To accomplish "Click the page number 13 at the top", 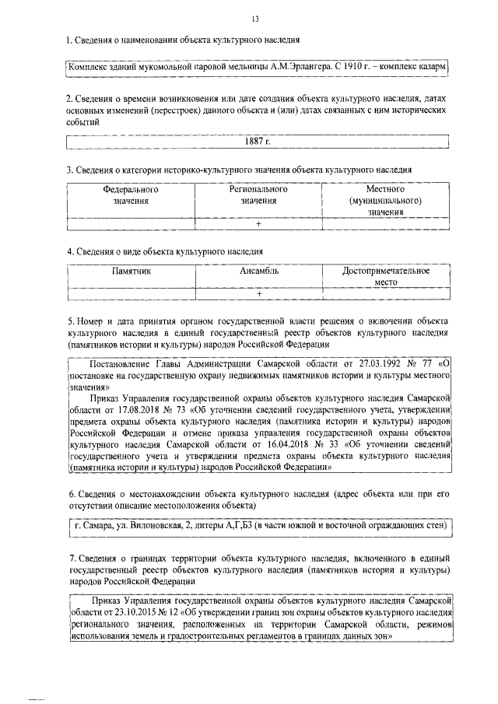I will pyautogui.click(x=255, y=19).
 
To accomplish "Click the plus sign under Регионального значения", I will pyautogui.click(x=258, y=224).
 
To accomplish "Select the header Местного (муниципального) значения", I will pyautogui.click(x=384, y=200).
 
